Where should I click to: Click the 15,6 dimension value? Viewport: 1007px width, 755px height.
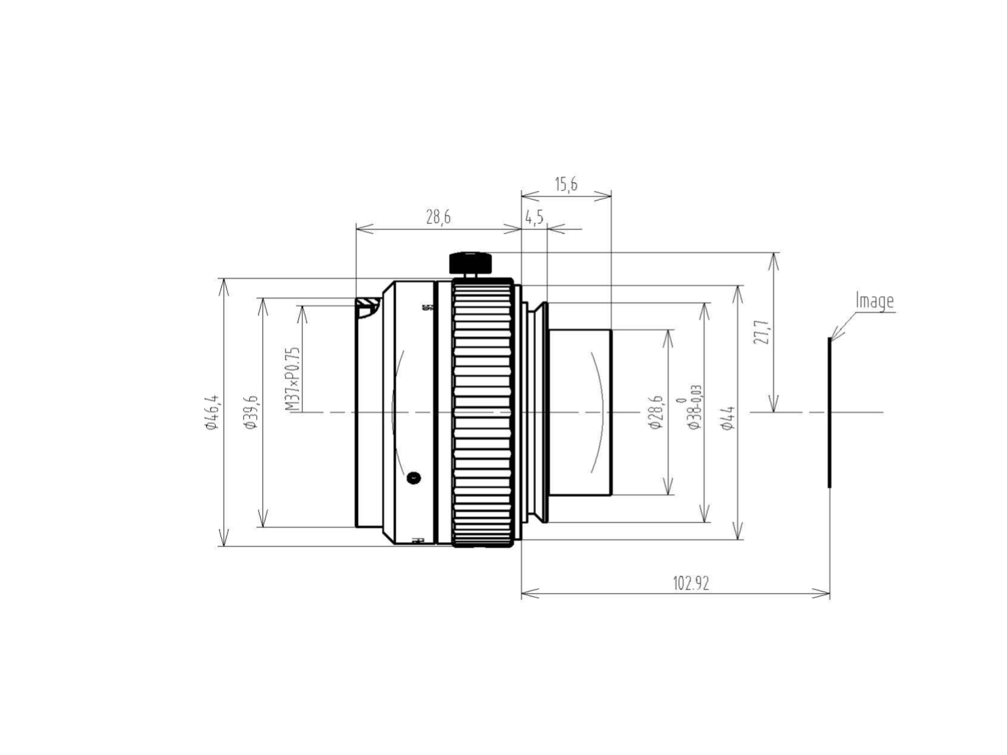click(x=566, y=185)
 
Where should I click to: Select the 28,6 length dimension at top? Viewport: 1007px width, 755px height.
click(x=438, y=217)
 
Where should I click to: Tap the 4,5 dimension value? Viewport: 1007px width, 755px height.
click(x=534, y=217)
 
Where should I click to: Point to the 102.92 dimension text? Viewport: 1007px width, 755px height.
click(x=691, y=583)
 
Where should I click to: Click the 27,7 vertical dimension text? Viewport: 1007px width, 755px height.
click(x=761, y=332)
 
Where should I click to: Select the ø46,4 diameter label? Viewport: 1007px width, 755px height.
click(x=212, y=412)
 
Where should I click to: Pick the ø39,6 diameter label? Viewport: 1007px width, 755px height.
click(x=250, y=412)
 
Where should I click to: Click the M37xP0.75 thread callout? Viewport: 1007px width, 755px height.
click(x=292, y=379)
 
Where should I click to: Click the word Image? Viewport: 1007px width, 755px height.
click(x=874, y=301)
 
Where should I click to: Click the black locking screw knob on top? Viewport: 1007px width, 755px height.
click(x=470, y=263)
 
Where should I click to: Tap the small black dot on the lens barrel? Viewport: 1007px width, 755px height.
click(x=413, y=478)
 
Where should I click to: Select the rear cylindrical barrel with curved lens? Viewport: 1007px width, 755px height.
click(x=581, y=412)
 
